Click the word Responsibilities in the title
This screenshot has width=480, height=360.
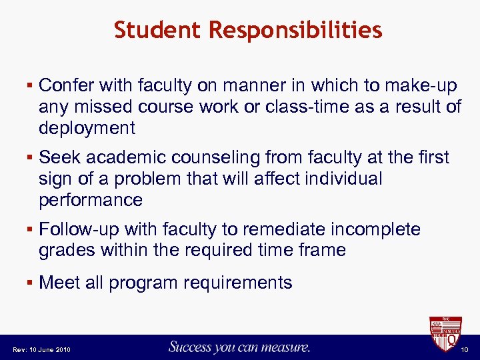pyautogui.click(x=295, y=30)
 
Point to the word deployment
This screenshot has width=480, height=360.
pyautogui.click(x=87, y=128)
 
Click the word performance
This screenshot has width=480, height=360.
pyautogui.click(x=91, y=200)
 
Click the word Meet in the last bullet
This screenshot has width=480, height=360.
pyautogui.click(x=60, y=283)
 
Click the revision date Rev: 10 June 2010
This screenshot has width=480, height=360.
pyautogui.click(x=41, y=350)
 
